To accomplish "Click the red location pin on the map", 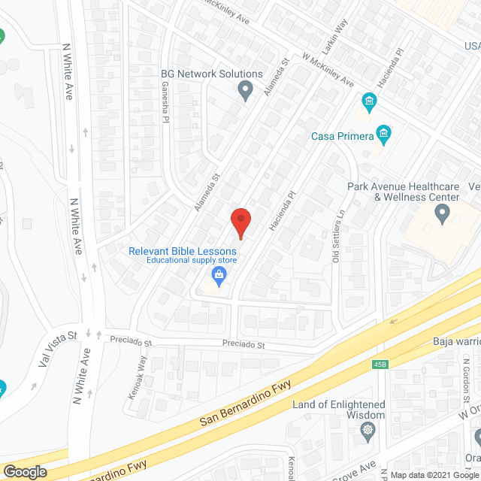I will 240,223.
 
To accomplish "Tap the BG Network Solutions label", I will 212,74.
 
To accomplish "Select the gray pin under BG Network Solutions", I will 244,92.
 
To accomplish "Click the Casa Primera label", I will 343,136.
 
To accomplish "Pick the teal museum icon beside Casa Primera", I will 384,135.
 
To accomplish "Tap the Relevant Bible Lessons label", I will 183,251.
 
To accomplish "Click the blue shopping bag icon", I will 219,275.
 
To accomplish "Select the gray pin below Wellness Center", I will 442,216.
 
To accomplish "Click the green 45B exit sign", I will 381,365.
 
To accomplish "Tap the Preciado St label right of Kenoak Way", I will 244,345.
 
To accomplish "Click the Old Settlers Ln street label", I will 337,237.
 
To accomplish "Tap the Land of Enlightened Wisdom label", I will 339,410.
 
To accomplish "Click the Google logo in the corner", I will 25,471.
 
